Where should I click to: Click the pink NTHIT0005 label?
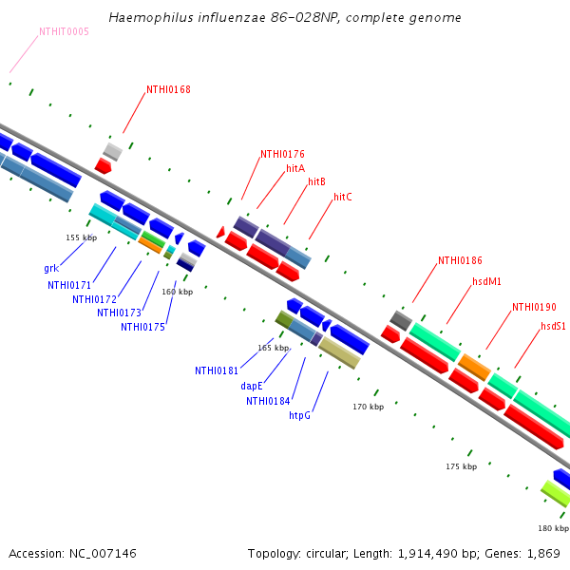tap(64, 31)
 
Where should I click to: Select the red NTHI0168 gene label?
tap(168, 89)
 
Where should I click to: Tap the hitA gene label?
tap(295, 168)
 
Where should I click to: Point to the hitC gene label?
tap(343, 197)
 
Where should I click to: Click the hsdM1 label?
tap(486, 281)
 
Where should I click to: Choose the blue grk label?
tap(51, 268)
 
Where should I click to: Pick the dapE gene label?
tap(252, 386)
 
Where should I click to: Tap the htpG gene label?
tap(300, 415)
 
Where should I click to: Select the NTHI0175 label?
tap(142, 327)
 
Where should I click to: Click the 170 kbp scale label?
tap(369, 407)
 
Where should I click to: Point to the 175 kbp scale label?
tap(462, 466)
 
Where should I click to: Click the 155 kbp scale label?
tap(82, 237)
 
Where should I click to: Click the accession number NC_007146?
tap(103, 554)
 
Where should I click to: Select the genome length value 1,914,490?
tap(427, 554)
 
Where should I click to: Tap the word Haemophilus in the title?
tap(151, 17)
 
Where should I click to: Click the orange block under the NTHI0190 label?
tap(474, 367)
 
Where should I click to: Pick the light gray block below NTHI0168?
tap(113, 152)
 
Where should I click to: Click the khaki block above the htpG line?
tap(339, 353)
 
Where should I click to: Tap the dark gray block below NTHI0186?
tap(401, 321)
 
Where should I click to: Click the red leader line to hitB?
tap(295, 204)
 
